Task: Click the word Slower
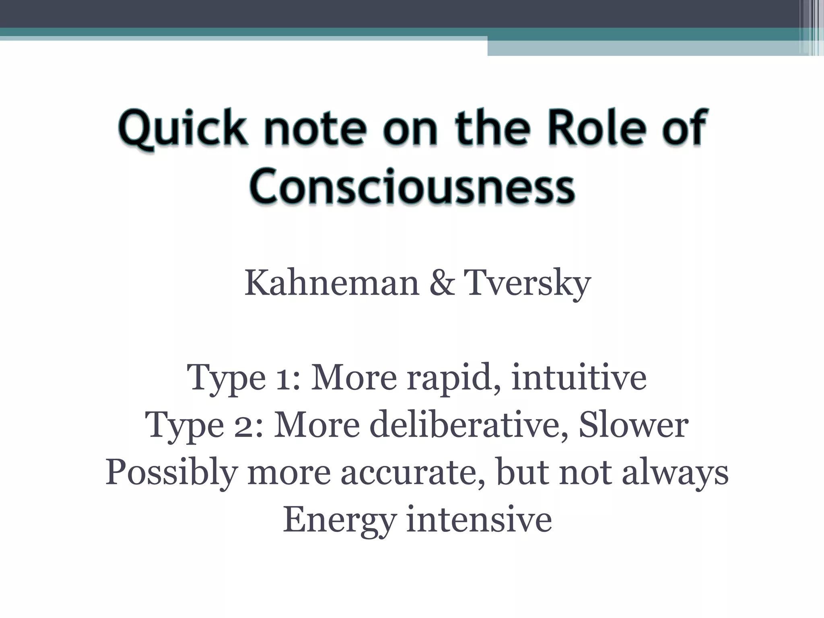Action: point(633,426)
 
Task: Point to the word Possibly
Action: point(171,473)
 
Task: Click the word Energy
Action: point(339,520)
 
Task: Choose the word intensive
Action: point(479,520)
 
